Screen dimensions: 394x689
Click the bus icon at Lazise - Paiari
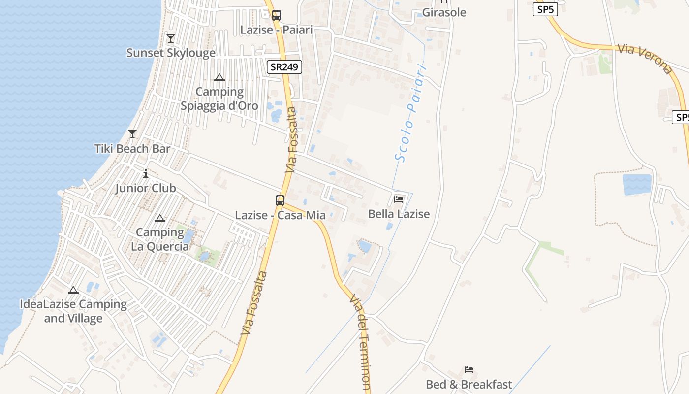tap(277, 15)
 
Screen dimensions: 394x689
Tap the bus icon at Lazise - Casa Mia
tap(280, 200)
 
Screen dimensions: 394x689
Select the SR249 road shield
tap(284, 67)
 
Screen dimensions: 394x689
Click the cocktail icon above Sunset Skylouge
tap(171, 38)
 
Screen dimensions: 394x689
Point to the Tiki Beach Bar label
tap(132, 149)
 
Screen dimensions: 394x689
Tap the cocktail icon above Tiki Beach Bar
tap(132, 133)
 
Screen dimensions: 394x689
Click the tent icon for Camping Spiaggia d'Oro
tap(219, 77)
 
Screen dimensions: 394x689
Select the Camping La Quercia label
tap(160, 239)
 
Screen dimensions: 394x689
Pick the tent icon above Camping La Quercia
tap(160, 218)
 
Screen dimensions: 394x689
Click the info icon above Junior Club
tap(146, 173)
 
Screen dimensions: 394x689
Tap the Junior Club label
tap(146, 188)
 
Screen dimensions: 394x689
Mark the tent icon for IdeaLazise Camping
tap(73, 290)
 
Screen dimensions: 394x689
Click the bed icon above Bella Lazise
tap(399, 199)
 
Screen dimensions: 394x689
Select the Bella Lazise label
tap(399, 214)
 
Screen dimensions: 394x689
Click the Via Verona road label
tap(645, 58)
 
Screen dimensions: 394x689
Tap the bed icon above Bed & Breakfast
tap(469, 369)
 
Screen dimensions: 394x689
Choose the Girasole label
tap(444, 12)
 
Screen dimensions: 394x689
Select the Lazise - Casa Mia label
tap(280, 215)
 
